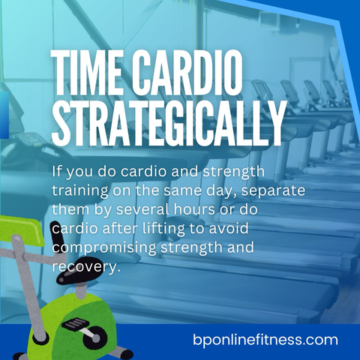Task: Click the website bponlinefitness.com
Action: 265,340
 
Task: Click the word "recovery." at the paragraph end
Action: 85,267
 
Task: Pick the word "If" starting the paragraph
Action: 56,172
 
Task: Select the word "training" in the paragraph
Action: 79,191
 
